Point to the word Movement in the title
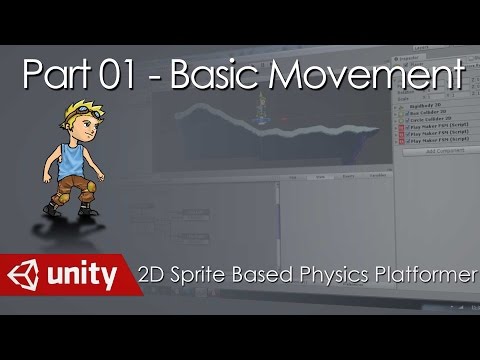tap(364, 77)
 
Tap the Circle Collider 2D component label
tap(436, 117)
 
